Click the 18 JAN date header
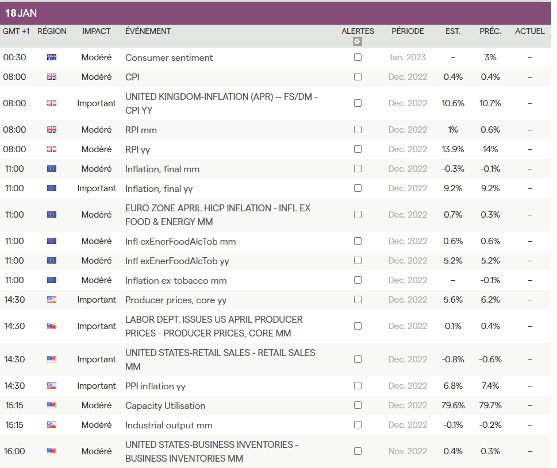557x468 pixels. click(x=21, y=13)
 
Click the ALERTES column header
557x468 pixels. click(x=358, y=31)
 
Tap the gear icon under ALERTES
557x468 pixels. click(x=358, y=41)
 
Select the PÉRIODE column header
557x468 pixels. click(x=408, y=31)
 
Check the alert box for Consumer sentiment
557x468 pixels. click(x=358, y=57)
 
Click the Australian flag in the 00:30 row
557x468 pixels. click(x=52, y=57)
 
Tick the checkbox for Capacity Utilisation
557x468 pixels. click(x=358, y=405)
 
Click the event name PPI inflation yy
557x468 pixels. click(x=155, y=386)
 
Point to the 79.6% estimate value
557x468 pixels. click(x=453, y=405)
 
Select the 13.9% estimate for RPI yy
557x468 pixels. click(x=453, y=149)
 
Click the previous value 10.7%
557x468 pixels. click(x=490, y=103)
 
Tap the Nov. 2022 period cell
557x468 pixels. click(x=408, y=451)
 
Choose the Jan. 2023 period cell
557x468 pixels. click(x=408, y=57)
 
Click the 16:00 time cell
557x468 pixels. click(x=14, y=451)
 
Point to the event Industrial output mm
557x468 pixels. click(x=168, y=425)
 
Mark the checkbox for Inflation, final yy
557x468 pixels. click(x=358, y=188)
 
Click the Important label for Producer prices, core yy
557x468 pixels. click(x=97, y=300)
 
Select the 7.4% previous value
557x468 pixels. click(x=490, y=386)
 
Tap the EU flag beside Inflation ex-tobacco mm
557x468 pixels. click(x=52, y=280)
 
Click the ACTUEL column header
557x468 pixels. click(x=529, y=31)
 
